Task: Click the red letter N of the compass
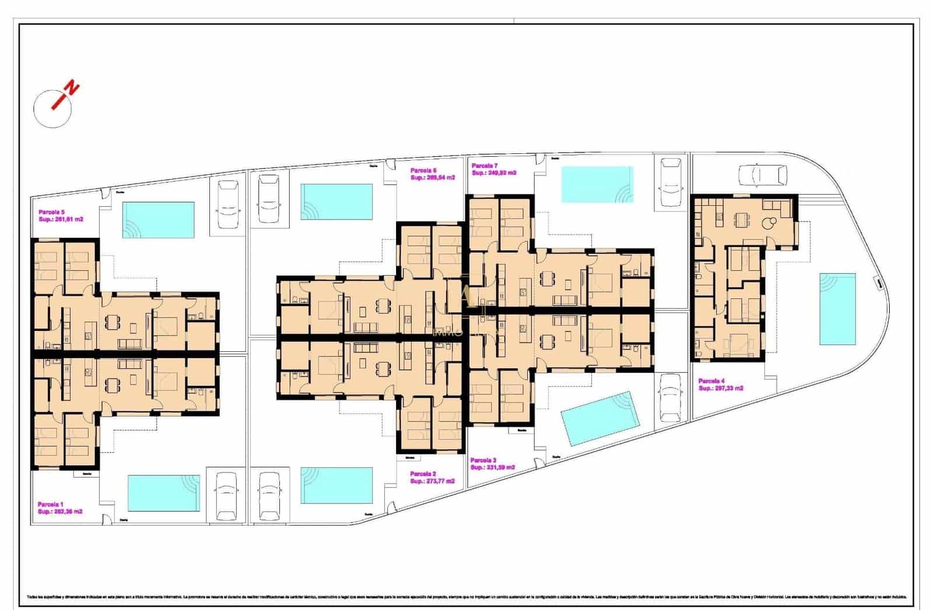(72, 89)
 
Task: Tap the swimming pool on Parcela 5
(158, 220)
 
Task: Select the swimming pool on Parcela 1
(163, 493)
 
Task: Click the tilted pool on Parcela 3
(600, 418)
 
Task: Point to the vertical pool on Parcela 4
(837, 309)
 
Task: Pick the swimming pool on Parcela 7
(597, 185)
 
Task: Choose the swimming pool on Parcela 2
(336, 485)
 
